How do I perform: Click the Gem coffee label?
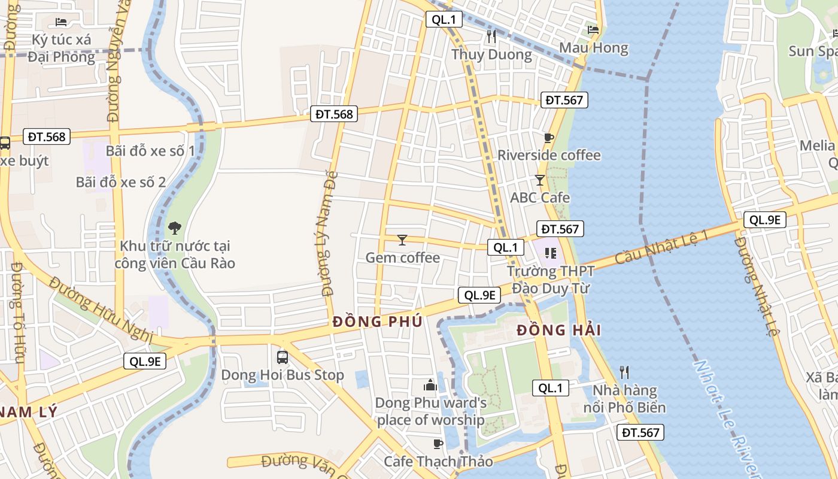pos(402,258)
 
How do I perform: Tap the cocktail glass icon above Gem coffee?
pos(402,240)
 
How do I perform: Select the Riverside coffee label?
pos(549,156)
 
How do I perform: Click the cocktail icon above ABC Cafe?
pos(540,180)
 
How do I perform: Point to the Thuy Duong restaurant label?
pos(491,55)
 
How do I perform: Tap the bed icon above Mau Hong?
pos(593,29)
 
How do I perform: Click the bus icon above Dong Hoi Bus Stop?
pos(283,357)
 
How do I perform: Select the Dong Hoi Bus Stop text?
pos(283,375)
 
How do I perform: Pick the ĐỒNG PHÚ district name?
pos(378,322)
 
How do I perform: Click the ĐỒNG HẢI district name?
pos(558,330)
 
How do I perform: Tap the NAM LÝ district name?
pos(29,412)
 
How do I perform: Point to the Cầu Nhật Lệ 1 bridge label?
pos(661,246)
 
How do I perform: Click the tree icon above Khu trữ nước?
pos(175,228)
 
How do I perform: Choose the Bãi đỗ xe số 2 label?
pos(121,183)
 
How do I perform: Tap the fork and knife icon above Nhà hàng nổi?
pos(624,372)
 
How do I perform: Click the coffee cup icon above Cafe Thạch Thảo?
pos(438,444)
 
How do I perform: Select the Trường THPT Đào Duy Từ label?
pos(551,280)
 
